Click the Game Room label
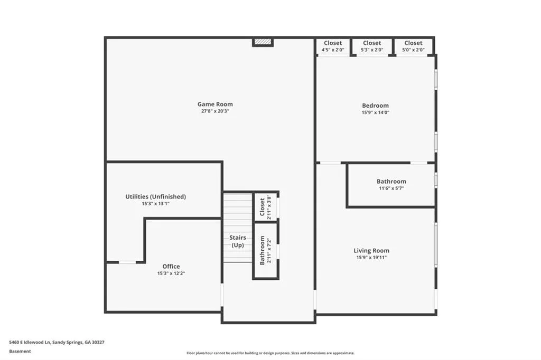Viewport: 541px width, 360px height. click(x=215, y=104)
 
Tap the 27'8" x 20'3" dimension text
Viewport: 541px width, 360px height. click(x=215, y=111)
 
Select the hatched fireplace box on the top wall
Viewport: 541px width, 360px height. click(x=263, y=42)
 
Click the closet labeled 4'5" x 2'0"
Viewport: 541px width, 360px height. click(x=333, y=46)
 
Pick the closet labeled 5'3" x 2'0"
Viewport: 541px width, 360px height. click(x=372, y=46)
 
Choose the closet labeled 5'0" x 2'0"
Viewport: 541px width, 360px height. click(x=413, y=46)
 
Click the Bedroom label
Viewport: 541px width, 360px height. click(x=375, y=106)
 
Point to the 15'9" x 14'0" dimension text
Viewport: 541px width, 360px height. click(x=375, y=112)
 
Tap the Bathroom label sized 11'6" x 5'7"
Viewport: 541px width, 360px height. click(x=391, y=182)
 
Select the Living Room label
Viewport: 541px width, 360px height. click(x=371, y=251)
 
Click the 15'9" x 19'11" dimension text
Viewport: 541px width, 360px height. click(x=371, y=258)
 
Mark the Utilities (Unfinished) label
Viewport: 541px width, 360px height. click(x=155, y=196)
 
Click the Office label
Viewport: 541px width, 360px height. click(x=171, y=267)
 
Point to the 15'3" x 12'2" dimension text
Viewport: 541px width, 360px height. click(x=171, y=273)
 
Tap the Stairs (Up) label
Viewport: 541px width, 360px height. click(x=237, y=241)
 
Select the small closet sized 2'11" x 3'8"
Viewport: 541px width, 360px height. click(x=265, y=207)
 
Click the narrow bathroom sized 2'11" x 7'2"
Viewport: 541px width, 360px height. click(x=265, y=250)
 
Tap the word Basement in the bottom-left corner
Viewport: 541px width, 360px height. click(x=20, y=351)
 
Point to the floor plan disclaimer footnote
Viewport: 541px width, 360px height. click(x=270, y=353)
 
